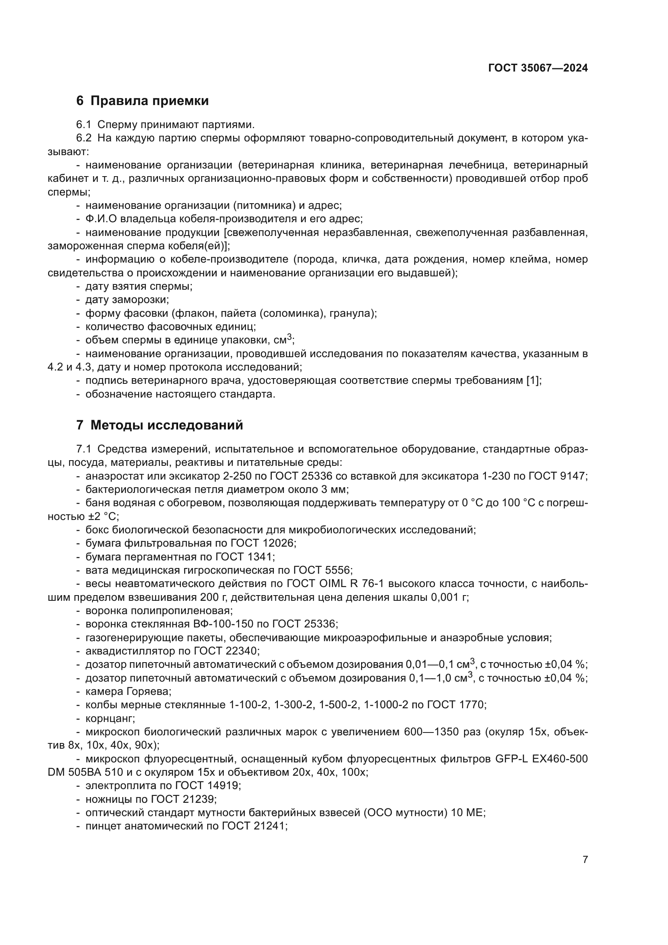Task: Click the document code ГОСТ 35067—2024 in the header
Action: click(x=538, y=68)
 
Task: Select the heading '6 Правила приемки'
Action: click(x=142, y=101)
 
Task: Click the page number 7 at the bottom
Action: click(x=585, y=859)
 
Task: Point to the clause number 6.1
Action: click(x=84, y=125)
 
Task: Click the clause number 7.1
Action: click(x=84, y=449)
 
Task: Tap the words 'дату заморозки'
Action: click(x=127, y=300)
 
